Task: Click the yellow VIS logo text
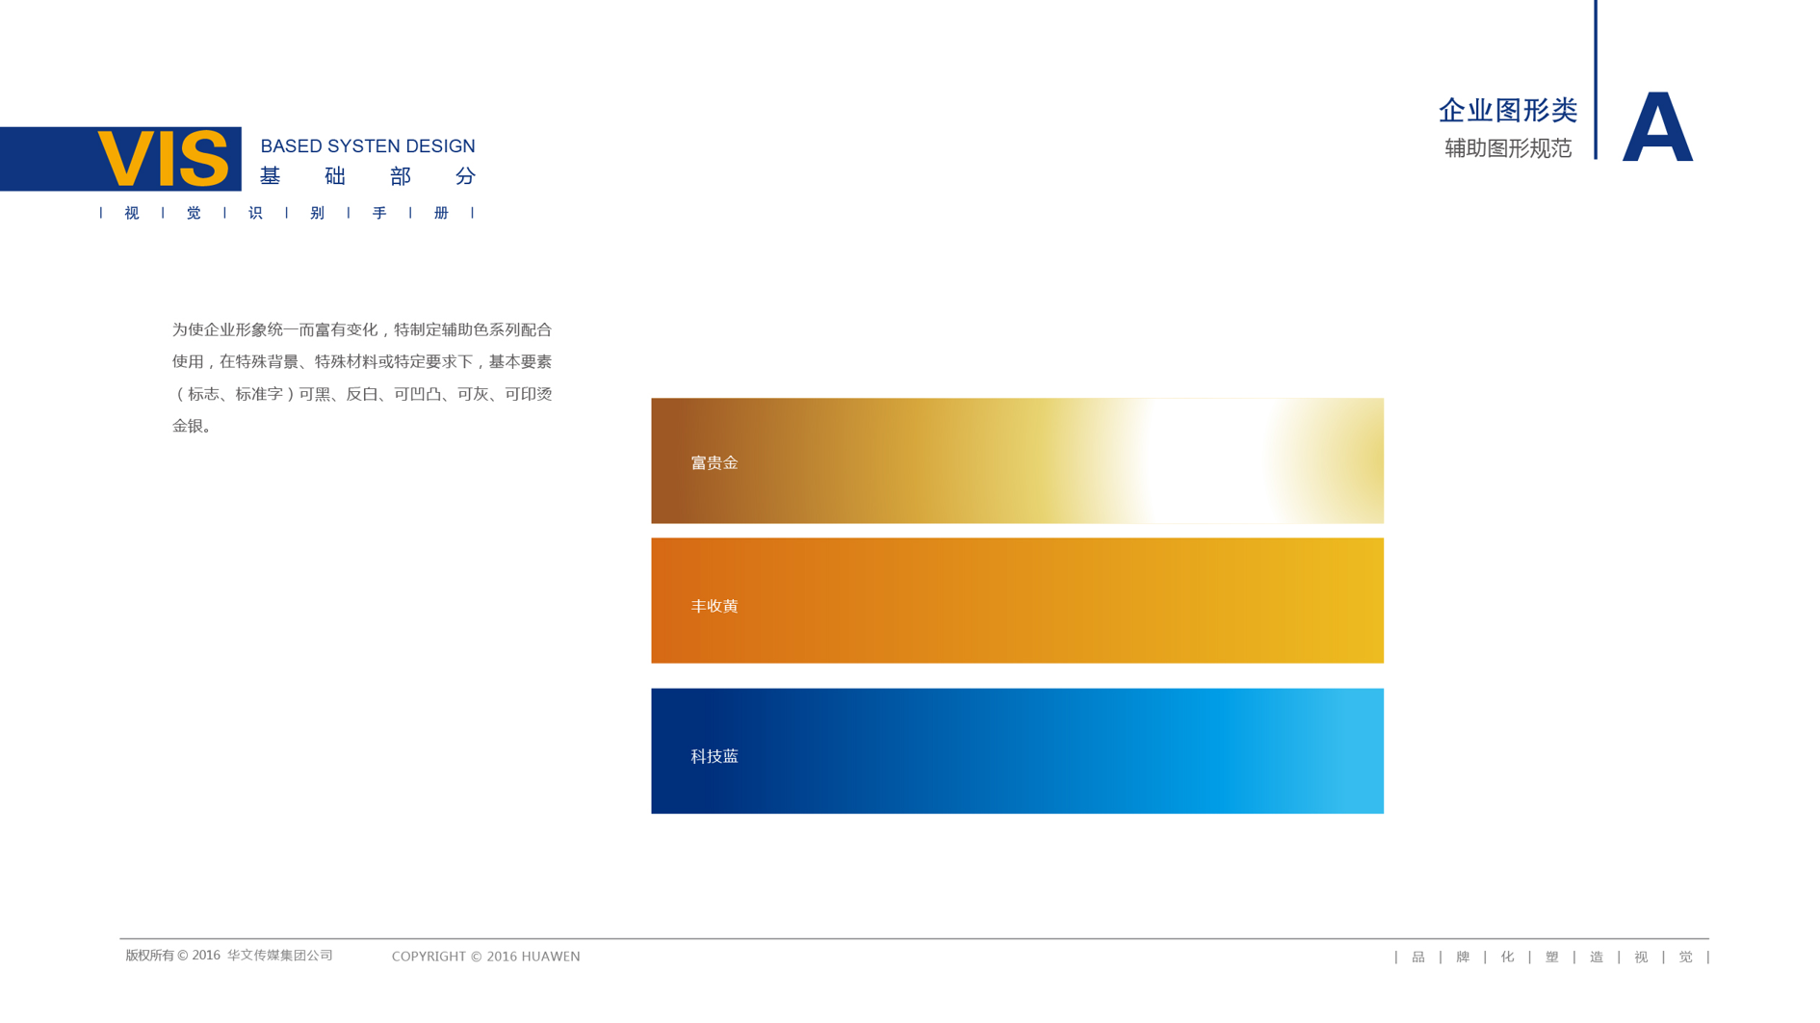(x=163, y=159)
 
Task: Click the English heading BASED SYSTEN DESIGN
(x=368, y=146)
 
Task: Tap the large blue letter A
(x=1657, y=126)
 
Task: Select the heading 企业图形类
(x=1508, y=111)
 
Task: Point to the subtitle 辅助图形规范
(x=1508, y=148)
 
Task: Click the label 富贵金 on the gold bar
(x=715, y=463)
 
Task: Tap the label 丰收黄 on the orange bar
(x=715, y=606)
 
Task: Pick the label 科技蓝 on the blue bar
(x=715, y=757)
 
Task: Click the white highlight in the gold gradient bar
(x=1204, y=460)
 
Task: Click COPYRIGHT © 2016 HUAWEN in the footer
(x=486, y=957)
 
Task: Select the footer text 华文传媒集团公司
(x=280, y=956)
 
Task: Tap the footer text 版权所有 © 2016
(x=173, y=956)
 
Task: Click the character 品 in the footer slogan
(x=1418, y=957)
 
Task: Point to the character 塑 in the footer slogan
(x=1552, y=957)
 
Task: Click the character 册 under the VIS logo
(x=441, y=213)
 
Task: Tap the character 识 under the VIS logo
(x=255, y=213)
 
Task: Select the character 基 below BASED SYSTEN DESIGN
(x=270, y=176)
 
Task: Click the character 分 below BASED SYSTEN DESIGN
(x=466, y=176)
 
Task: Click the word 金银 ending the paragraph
(x=188, y=426)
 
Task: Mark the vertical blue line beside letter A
(x=1596, y=80)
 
